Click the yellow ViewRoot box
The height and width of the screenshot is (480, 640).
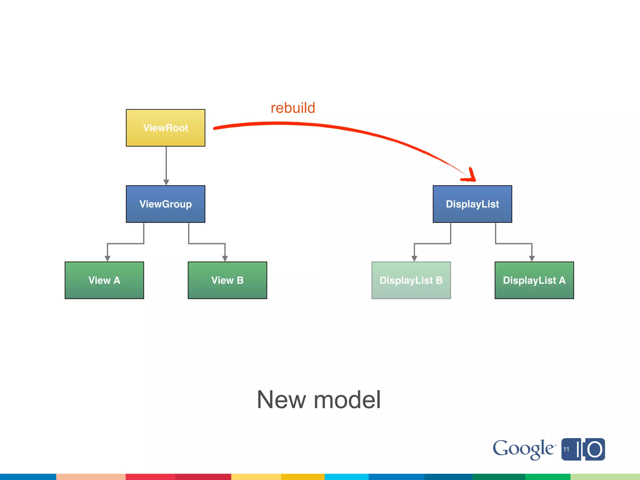tap(166, 128)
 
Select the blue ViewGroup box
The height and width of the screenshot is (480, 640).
tap(166, 204)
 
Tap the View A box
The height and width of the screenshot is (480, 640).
tap(104, 280)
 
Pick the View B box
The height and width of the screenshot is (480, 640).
tap(227, 280)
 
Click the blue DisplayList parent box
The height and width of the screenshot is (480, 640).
tap(472, 204)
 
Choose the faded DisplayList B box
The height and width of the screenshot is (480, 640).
tap(411, 280)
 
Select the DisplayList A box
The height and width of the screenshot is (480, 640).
tap(534, 280)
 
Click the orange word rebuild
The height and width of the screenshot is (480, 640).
tap(293, 108)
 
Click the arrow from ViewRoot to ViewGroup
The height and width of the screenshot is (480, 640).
tap(166, 166)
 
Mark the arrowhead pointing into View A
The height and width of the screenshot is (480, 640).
tap(107, 258)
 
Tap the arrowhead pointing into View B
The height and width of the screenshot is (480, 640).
tap(225, 258)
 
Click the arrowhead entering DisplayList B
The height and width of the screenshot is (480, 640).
tap(414, 258)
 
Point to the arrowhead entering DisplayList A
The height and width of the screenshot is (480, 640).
tap(532, 258)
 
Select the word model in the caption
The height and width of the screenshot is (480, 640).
tap(347, 400)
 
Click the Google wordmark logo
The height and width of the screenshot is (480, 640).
tap(523, 449)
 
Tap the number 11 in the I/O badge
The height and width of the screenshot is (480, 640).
tap(566, 449)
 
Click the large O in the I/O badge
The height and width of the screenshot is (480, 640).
tap(595, 450)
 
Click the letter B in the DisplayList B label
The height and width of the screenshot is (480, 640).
tap(439, 280)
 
